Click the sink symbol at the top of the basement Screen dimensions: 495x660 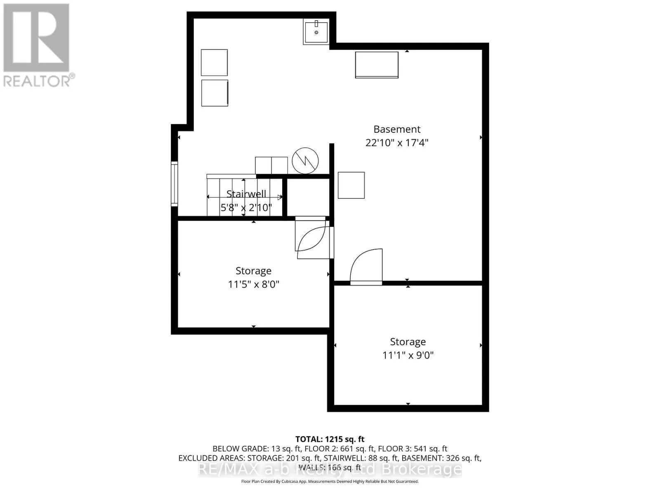316,31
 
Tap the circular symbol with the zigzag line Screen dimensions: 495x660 305,160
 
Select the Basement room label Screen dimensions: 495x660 397,129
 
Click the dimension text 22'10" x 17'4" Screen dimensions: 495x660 397,143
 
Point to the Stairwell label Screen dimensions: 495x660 246,194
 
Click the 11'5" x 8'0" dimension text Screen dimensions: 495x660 253,284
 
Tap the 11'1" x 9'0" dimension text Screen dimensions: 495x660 408,355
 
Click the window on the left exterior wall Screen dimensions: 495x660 174,184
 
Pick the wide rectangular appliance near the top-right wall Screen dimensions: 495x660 377,65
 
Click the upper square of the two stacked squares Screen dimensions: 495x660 214,62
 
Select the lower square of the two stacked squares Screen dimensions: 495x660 214,93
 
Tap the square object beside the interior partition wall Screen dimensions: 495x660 351,185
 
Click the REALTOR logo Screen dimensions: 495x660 37,45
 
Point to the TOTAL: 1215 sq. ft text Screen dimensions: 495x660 330,439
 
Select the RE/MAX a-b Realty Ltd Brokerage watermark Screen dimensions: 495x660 330,469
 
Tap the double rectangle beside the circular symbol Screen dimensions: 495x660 271,165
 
